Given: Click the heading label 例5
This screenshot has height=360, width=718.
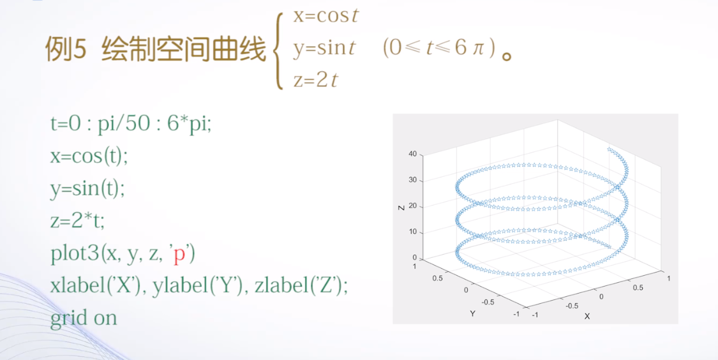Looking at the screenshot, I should tap(65, 50).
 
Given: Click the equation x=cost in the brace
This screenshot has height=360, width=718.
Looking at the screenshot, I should tap(325, 15).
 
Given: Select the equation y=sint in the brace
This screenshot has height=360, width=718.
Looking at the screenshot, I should tap(324, 48).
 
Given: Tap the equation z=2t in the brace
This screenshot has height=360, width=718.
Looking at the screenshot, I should tap(315, 80).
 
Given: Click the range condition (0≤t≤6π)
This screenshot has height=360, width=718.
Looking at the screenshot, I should tap(439, 49).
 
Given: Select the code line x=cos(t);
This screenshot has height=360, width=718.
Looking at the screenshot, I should tap(89, 156).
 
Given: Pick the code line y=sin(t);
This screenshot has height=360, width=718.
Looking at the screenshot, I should tap(87, 188).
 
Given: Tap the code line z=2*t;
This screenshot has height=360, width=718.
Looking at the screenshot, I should tap(77, 221).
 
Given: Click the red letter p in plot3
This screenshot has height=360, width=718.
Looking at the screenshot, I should tap(179, 253).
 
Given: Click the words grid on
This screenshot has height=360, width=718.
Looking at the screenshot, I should tap(84, 318).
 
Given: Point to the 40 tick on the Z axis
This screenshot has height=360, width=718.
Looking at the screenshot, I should tap(412, 154).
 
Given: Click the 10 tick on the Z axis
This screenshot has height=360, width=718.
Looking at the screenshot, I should tap(412, 232).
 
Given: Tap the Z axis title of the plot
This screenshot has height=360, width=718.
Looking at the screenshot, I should tap(401, 206).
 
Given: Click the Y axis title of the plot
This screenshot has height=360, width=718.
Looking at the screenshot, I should tap(473, 313).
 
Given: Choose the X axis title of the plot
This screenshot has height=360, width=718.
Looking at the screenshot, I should tap(587, 316).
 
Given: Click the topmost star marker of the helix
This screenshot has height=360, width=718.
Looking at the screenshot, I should tap(610, 150).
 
